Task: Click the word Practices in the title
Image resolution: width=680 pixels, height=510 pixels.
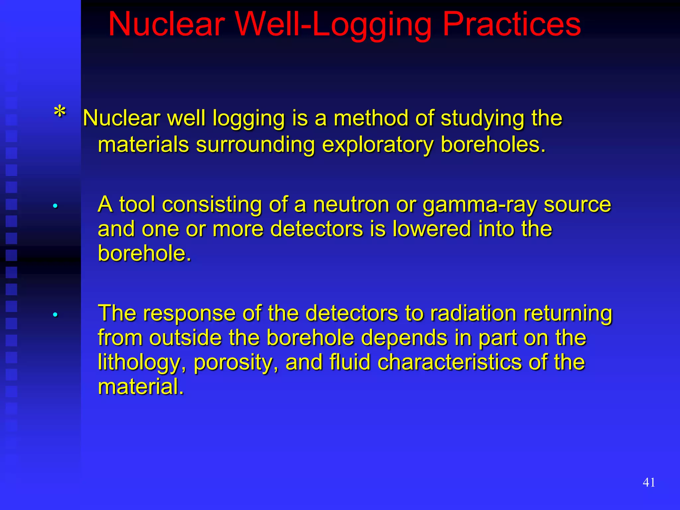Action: (x=512, y=25)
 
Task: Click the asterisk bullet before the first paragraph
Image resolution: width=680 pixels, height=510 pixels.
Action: (x=60, y=112)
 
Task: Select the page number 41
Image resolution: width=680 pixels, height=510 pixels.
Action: (x=649, y=482)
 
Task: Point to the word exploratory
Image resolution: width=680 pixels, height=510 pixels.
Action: (x=378, y=145)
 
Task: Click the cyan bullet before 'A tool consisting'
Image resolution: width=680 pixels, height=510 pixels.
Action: (x=55, y=206)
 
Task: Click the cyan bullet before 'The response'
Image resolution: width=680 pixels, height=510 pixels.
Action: (x=55, y=314)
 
